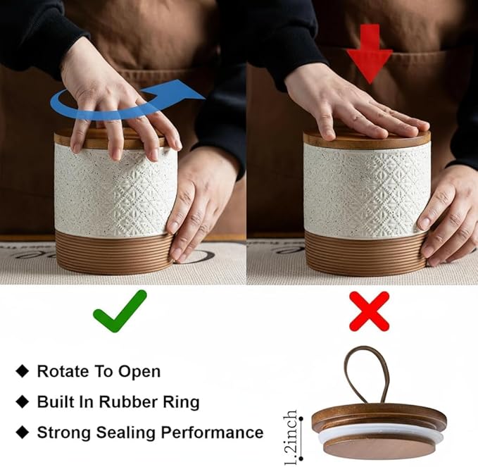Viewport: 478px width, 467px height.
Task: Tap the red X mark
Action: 369,311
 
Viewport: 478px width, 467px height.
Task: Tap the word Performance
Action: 212,432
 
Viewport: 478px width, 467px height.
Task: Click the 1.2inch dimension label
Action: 291,437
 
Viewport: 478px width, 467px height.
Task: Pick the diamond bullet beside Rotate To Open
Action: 23,371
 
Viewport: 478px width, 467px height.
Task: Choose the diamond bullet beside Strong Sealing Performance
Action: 23,432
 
